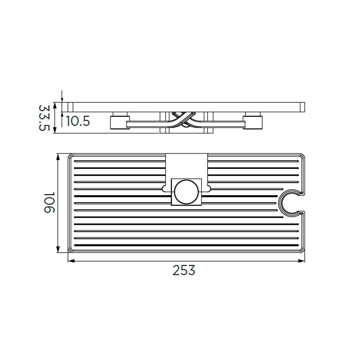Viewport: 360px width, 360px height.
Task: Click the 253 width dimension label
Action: (x=184, y=270)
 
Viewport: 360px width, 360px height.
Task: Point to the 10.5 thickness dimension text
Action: (x=77, y=121)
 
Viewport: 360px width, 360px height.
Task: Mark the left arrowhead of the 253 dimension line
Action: (x=70, y=261)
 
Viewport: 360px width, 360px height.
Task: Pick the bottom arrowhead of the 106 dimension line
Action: (x=58, y=251)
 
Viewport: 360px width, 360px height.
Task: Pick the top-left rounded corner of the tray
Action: (x=71, y=157)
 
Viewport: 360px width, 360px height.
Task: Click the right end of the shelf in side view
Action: (x=303, y=107)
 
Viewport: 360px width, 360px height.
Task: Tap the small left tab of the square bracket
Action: (x=165, y=188)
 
